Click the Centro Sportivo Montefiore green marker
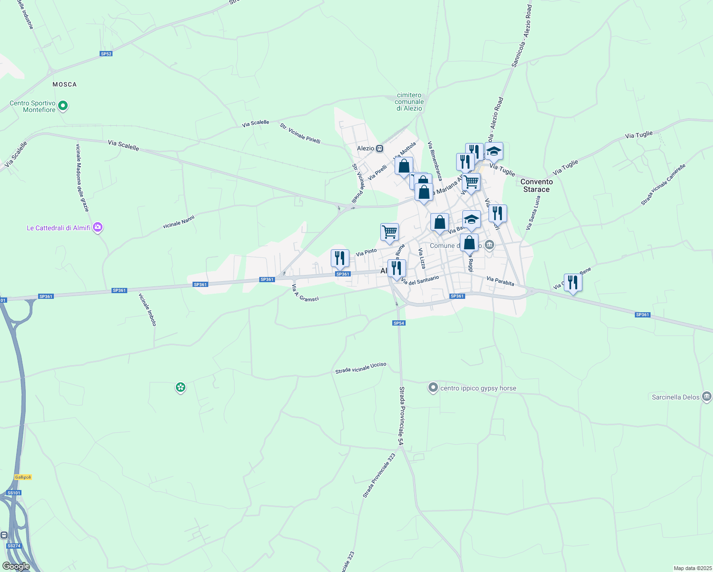63,106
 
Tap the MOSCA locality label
64,84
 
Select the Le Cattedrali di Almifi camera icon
98,227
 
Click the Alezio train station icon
379,148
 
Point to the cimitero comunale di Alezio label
409,102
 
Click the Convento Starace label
537,185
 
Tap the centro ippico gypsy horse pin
433,388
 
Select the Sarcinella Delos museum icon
707,397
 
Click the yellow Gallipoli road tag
23,477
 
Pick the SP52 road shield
106,54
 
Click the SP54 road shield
399,323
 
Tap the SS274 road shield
14,546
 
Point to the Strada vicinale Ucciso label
361,368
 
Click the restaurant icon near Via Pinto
340,258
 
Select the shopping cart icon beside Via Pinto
389,232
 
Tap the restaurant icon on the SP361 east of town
572,282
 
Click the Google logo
16,566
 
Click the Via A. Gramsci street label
305,293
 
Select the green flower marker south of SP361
180,387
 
